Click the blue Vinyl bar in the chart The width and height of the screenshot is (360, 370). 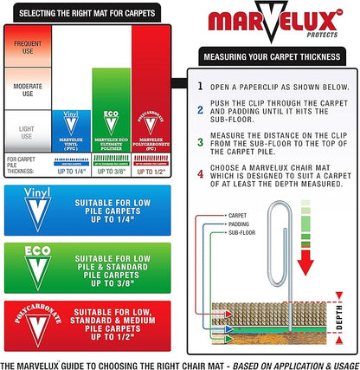click(72, 130)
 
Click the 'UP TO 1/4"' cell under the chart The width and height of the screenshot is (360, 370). click(72, 171)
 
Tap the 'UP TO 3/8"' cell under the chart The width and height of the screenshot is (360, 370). click(110, 171)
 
